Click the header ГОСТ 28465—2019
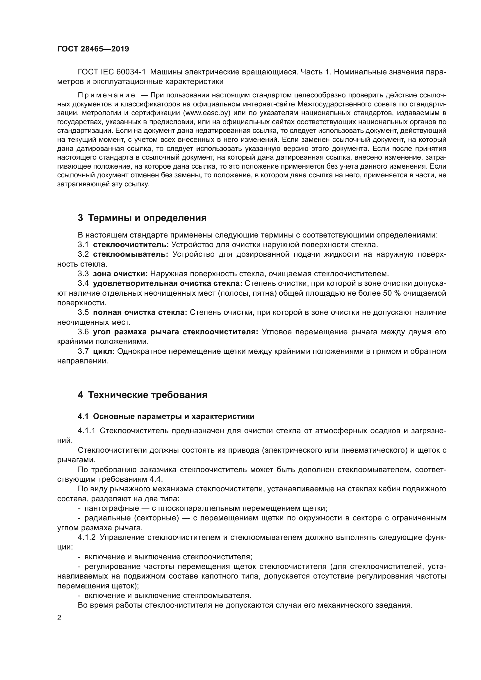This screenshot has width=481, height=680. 93,49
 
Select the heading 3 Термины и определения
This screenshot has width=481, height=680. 142,218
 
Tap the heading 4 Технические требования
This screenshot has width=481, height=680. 142,395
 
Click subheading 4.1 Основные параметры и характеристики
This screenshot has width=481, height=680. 166,416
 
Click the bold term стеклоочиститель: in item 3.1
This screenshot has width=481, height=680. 131,244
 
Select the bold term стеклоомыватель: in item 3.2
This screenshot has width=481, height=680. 130,254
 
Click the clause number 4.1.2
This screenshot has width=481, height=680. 86,537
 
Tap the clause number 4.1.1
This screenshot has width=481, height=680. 86,431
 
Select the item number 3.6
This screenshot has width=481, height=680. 83,332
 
